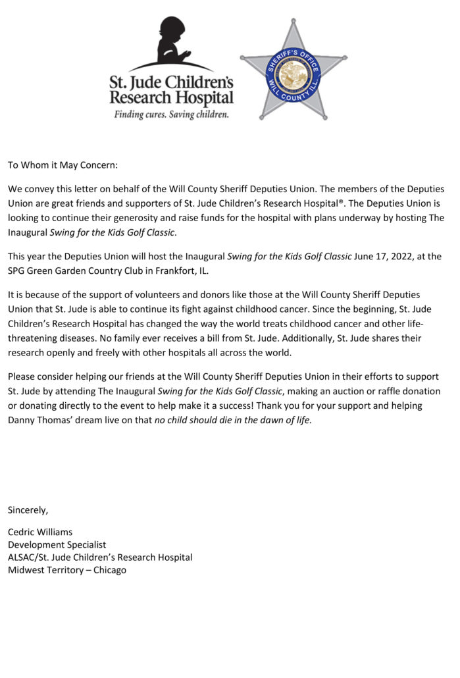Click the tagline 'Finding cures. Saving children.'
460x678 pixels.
[171, 115]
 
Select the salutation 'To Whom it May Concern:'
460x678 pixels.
[63, 165]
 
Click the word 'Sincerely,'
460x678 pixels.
[28, 509]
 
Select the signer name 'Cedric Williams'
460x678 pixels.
[40, 532]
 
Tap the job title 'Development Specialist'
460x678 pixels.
[57, 544]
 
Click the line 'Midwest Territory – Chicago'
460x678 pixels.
[66, 569]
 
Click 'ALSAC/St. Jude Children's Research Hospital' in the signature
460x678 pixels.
[100, 557]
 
